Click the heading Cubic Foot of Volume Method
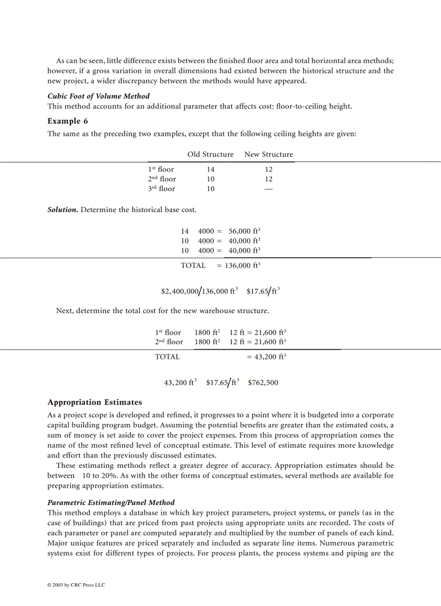pyautogui.click(x=98, y=96)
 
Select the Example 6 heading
pyautogui.click(x=68, y=121)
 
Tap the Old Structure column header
pyautogui.click(x=210, y=154)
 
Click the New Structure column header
pyautogui.click(x=269, y=154)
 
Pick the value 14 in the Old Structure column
pyautogui.click(x=210, y=169)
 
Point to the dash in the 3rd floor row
pyautogui.click(x=269, y=189)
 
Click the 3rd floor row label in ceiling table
pyautogui.click(x=162, y=189)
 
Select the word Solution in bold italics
pyautogui.click(x=63, y=209)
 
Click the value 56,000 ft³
pyautogui.click(x=244, y=231)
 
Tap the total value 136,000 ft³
pyautogui.click(x=242, y=265)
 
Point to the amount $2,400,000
pyautogui.click(x=179, y=291)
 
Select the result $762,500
pyautogui.click(x=263, y=383)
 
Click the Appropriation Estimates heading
pyautogui.click(x=95, y=402)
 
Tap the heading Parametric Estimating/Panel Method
pyautogui.click(x=111, y=502)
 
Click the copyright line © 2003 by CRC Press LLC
pyautogui.click(x=76, y=585)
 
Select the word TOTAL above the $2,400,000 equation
pyautogui.click(x=193, y=265)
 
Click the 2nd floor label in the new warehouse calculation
pyautogui.click(x=169, y=342)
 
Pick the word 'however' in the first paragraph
pyautogui.click(x=62, y=71)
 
